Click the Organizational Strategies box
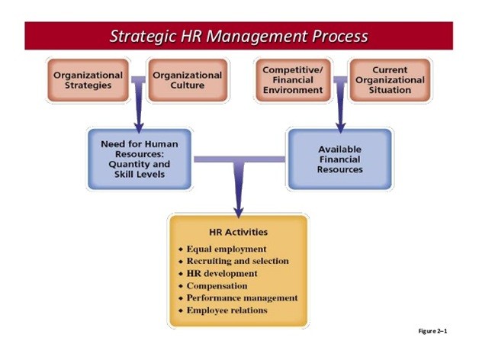[88, 80]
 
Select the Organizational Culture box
[188, 80]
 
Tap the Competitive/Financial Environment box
[293, 80]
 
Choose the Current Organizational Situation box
[390, 80]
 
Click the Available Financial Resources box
[339, 159]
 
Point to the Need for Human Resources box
[140, 159]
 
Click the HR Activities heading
[238, 232]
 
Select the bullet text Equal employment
[227, 249]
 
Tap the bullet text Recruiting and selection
[238, 261]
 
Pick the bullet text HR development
[222, 273]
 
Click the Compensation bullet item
[217, 286]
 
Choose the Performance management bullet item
[243, 297]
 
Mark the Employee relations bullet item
[227, 310]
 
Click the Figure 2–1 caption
[432, 331]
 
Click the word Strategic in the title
[143, 37]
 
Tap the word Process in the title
[339, 36]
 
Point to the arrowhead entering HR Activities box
[238, 212]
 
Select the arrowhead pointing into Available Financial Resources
[340, 127]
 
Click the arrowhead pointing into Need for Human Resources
[139, 127]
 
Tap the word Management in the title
[257, 37]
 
